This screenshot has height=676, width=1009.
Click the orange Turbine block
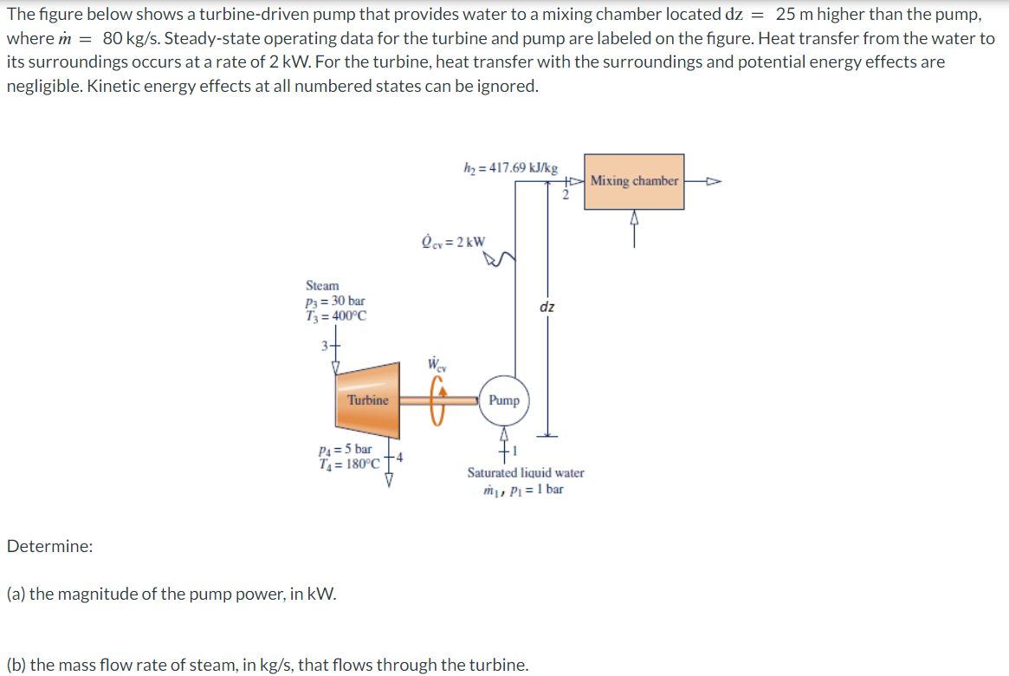[367, 400]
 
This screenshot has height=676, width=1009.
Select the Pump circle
[503, 400]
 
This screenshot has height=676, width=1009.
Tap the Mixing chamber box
[634, 181]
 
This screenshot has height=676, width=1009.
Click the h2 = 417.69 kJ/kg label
[511, 167]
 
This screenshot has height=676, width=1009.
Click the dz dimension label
[547, 307]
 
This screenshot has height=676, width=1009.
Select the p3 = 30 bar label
[335, 301]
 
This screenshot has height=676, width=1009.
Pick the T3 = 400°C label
[336, 315]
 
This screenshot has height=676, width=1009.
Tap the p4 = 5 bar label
[346, 449]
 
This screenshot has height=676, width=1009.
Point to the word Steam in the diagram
[322, 285]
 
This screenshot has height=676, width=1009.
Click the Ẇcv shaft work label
[438, 364]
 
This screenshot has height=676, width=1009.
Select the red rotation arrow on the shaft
[440, 400]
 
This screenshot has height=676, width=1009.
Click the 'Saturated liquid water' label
[525, 473]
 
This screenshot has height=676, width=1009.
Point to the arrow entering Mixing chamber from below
[635, 224]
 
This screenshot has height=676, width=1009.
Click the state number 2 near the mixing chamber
[566, 195]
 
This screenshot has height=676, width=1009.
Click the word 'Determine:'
[49, 547]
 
